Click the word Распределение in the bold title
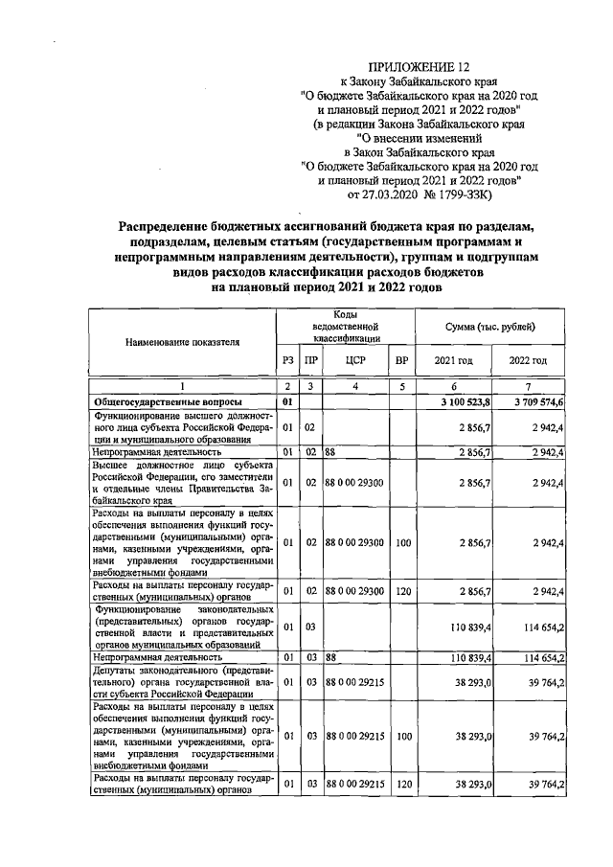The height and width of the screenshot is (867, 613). point(168,225)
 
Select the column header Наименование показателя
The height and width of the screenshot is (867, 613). point(180,340)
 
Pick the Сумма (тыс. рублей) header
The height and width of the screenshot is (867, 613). point(492,328)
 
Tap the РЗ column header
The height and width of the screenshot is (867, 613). point(286,360)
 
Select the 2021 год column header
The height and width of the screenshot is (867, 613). point(455,360)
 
